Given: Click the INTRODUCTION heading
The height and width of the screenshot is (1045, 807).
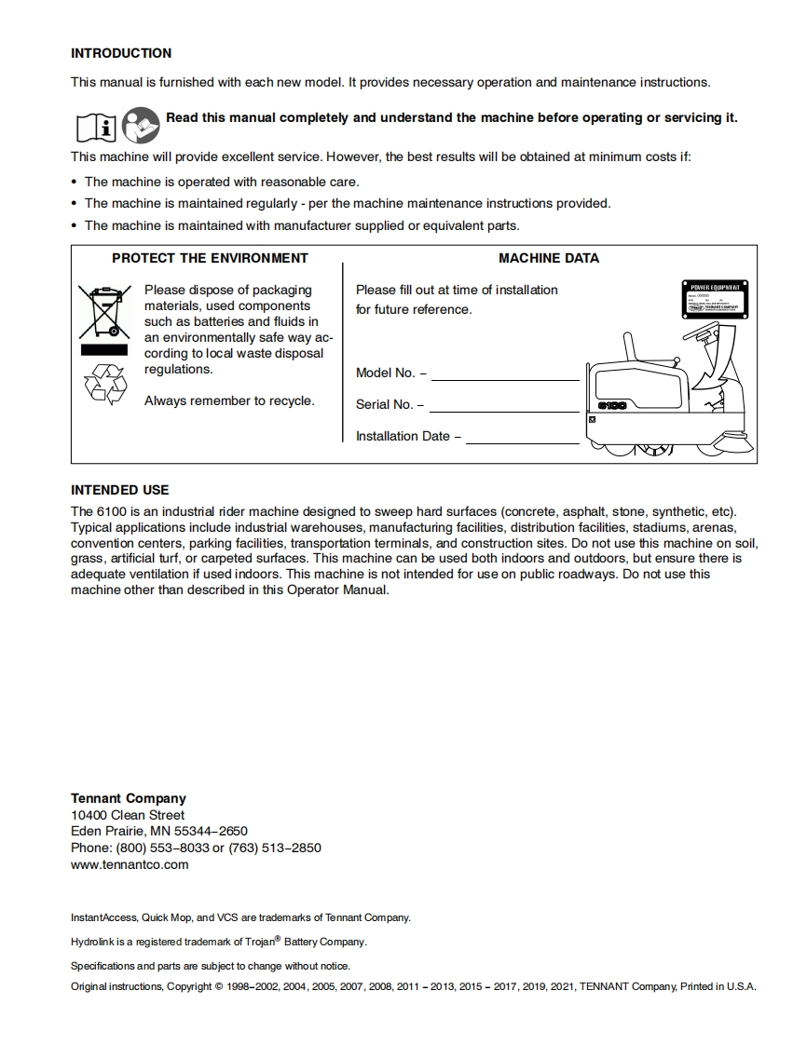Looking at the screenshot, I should tap(121, 53).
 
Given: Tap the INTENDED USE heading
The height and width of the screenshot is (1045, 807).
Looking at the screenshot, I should tap(120, 490).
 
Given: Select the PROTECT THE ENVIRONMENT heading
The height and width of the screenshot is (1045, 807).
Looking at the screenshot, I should tap(210, 258).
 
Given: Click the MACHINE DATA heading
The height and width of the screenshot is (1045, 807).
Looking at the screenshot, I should tap(549, 258).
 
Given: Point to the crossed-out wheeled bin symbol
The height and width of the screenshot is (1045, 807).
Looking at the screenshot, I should tap(99, 312).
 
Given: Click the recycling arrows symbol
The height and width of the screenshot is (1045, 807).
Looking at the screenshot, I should tap(104, 384).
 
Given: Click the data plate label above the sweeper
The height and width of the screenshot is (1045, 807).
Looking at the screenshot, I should tap(718, 298).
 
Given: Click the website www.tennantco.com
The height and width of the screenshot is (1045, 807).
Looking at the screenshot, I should tap(130, 864).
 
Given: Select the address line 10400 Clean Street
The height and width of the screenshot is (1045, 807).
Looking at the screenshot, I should tap(128, 815).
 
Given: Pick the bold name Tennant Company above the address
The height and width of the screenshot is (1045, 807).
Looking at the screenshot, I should tap(129, 798).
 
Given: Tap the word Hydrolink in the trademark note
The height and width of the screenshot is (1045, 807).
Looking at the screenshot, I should tap(91, 942).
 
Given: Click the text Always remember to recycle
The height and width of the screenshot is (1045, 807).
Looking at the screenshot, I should tap(229, 400).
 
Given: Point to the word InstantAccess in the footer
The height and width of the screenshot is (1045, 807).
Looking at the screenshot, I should tap(103, 917).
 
